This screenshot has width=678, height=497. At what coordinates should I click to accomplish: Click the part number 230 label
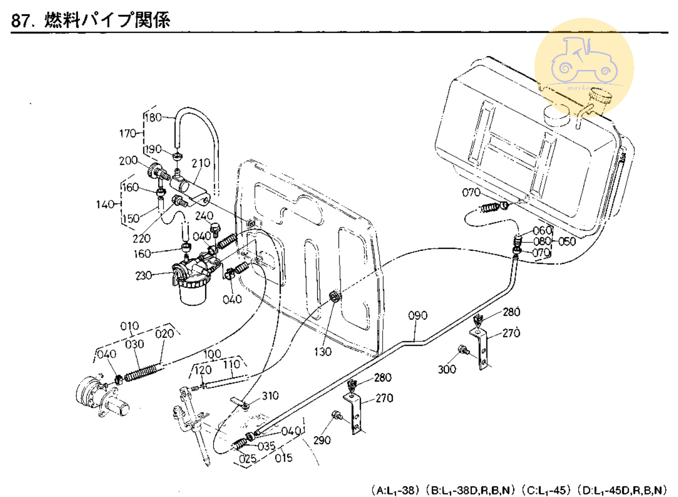pos(143,276)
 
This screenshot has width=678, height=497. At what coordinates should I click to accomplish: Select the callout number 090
pos(418,316)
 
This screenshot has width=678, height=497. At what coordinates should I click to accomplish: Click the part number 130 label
pos(323,352)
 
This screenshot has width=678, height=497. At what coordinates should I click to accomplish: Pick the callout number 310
pos(270,396)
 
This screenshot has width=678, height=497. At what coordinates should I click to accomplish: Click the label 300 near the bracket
pos(447,369)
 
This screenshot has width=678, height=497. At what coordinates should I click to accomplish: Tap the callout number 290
pos(322,440)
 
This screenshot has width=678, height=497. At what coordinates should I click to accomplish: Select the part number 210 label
pos(201,163)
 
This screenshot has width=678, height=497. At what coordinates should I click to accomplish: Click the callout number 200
pos(128,161)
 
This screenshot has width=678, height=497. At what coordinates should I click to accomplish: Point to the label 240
pos(204,216)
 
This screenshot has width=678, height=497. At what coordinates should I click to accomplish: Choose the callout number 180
pos(153,118)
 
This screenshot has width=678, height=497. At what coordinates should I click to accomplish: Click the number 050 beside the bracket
pos(568,241)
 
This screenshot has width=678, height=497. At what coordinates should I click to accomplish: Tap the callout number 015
pos(284,458)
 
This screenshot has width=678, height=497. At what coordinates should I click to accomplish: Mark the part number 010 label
pos(130,326)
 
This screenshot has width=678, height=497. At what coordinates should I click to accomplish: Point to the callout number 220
pos(141,238)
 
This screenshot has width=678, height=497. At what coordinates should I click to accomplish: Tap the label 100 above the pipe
pos(212,354)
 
